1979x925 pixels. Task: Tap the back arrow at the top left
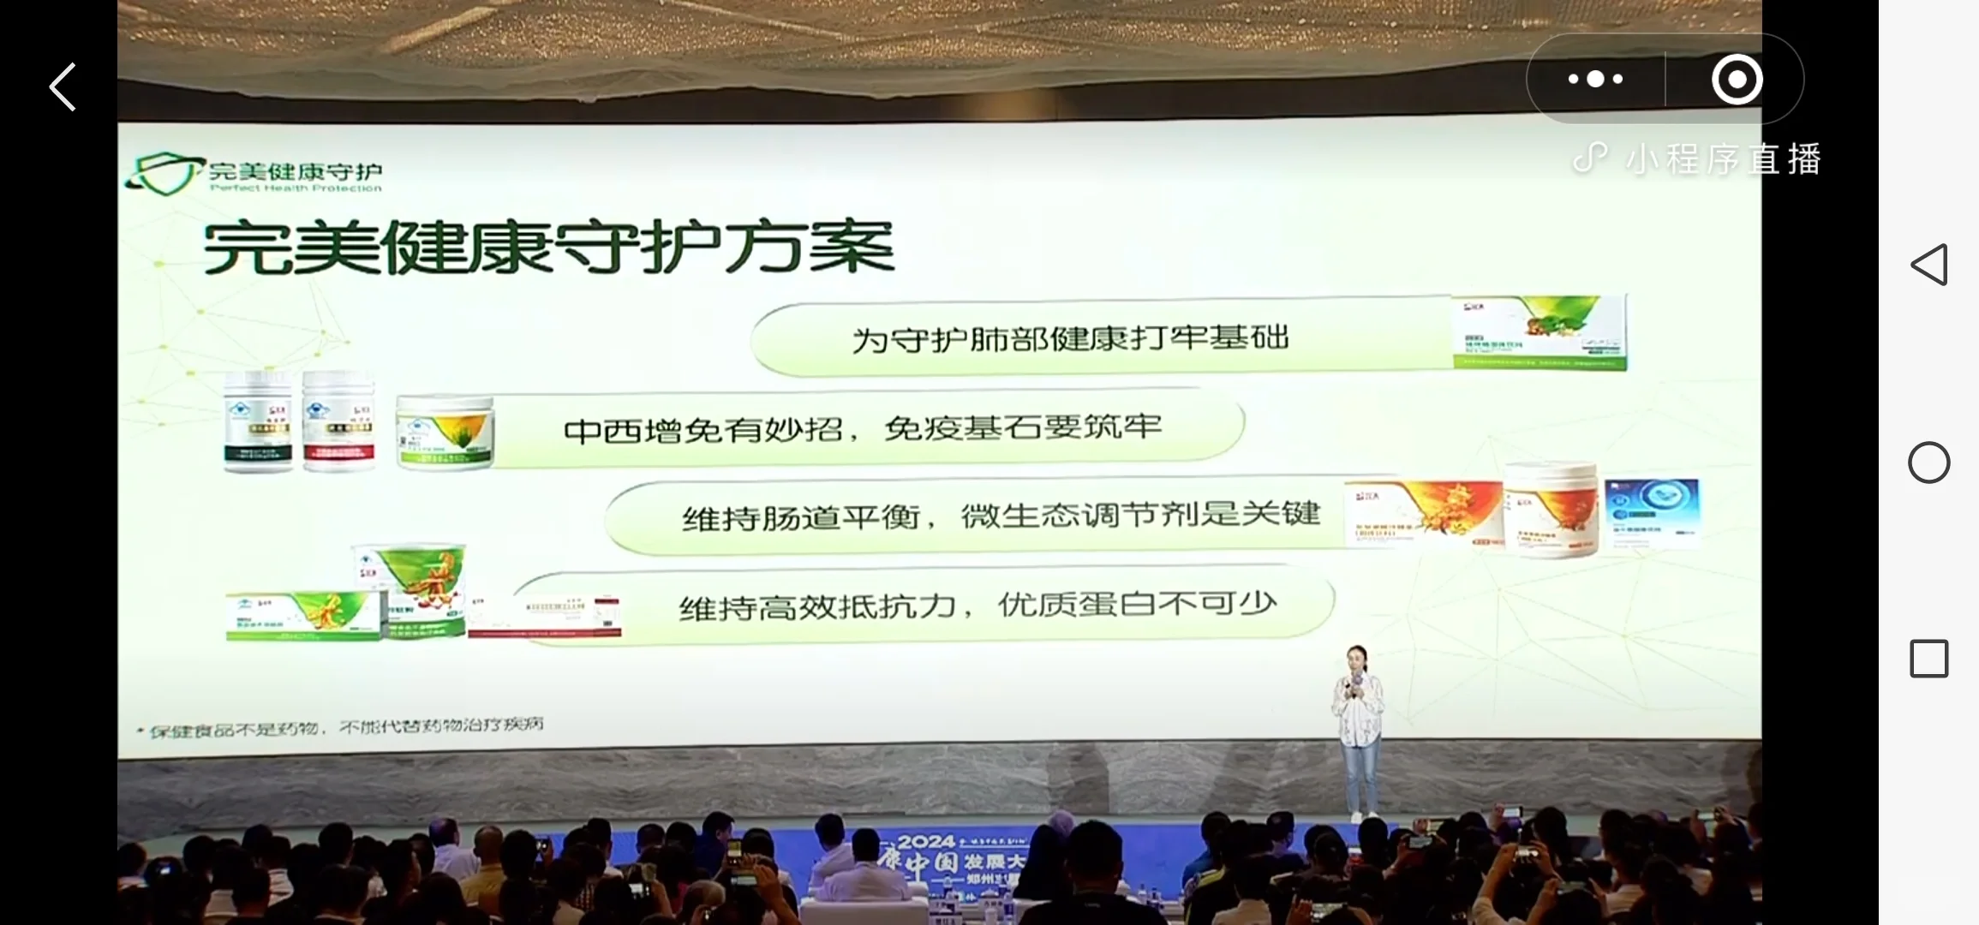63,87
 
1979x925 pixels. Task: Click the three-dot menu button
1595,79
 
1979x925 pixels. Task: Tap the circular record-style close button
1737,80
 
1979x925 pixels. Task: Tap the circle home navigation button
1928,462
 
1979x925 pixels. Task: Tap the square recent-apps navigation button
1928,659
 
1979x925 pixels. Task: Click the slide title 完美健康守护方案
548,248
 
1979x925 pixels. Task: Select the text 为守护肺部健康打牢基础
1070,339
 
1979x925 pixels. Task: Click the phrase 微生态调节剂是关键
1140,516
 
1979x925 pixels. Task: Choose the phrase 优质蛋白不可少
1137,606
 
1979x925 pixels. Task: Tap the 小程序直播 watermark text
1722,159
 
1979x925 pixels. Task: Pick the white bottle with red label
338,421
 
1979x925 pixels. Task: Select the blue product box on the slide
1651,513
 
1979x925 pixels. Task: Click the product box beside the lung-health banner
1540,333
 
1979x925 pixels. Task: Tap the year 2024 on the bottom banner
926,843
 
